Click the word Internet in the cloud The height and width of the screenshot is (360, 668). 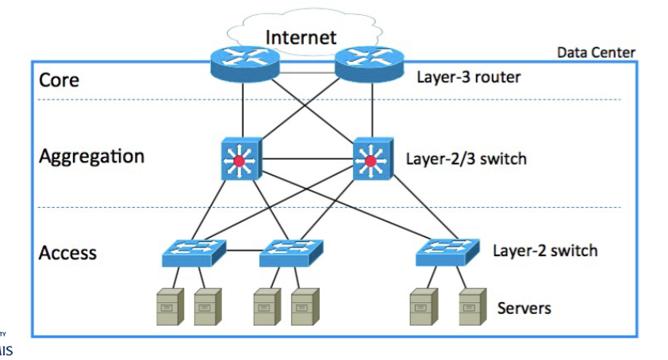[301, 36]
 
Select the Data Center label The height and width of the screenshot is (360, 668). [596, 52]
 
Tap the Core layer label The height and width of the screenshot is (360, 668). [60, 81]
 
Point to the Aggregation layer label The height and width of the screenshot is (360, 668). [92, 156]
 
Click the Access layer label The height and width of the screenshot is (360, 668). [67, 253]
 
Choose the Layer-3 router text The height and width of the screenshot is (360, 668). [468, 78]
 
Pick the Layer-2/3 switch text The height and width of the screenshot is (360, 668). [466, 158]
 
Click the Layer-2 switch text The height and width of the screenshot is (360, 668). [545, 251]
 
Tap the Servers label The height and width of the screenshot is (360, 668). [524, 307]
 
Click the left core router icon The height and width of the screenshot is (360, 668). [243, 63]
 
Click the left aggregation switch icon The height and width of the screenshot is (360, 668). [240, 162]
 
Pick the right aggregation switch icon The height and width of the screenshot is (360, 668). [370, 162]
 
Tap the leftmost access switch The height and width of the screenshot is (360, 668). [194, 251]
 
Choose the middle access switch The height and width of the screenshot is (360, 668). [291, 251]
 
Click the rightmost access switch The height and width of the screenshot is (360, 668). [447, 251]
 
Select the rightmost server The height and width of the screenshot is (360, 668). [471, 306]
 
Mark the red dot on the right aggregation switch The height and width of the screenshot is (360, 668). [370, 163]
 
